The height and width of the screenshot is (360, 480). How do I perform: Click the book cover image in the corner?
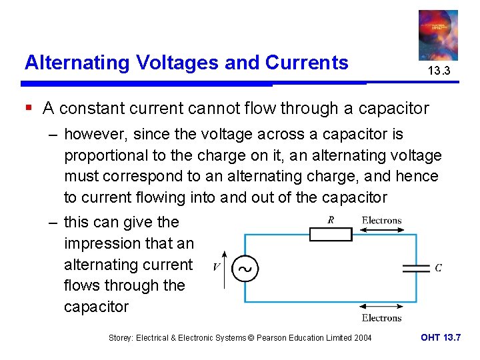coord(438,35)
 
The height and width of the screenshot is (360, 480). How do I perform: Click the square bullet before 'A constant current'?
coord(29,107)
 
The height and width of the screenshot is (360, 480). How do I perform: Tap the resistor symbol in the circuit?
coord(331,234)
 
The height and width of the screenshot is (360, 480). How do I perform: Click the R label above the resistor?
coord(331,220)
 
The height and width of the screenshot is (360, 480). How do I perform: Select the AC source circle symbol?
coord(245,269)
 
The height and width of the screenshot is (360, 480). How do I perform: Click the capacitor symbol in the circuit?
coord(417,268)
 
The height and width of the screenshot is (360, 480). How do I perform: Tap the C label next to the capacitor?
coord(438,268)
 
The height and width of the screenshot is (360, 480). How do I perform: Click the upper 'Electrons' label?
coord(381,220)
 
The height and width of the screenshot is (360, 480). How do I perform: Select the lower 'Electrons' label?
coord(381,318)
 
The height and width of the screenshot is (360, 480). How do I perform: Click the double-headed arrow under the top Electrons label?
coord(381,230)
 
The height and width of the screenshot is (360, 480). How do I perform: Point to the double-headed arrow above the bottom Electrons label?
coord(381,308)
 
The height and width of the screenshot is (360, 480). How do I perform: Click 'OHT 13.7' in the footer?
coord(441,337)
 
